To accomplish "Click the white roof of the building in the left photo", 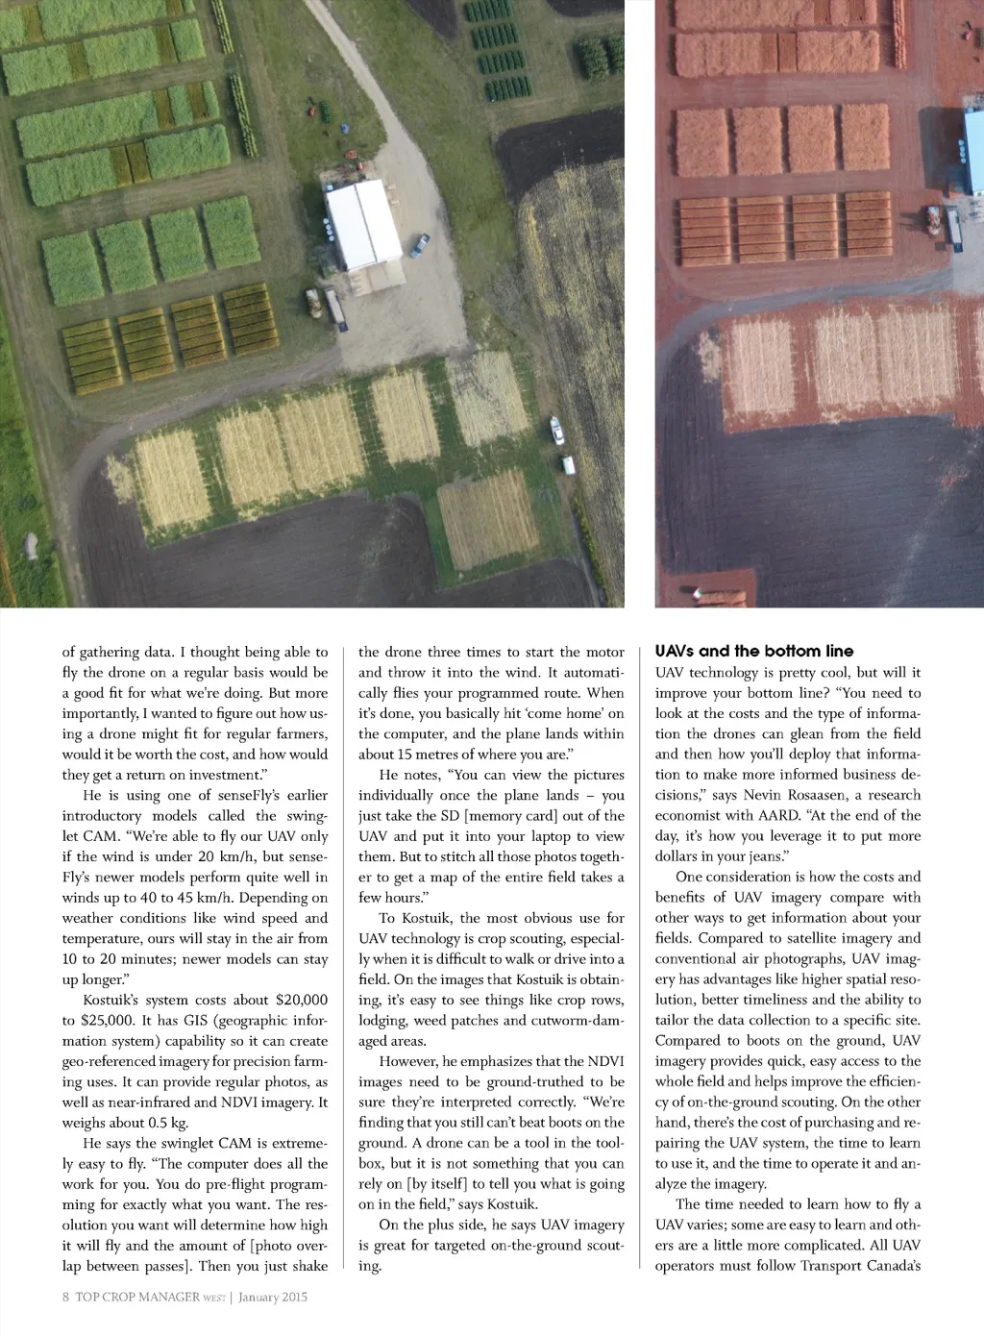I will click(363, 226).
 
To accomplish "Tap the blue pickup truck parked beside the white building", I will click(420, 245).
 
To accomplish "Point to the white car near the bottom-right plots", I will click(557, 430).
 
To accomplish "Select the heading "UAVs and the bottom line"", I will click(754, 651).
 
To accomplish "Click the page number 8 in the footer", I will click(66, 1297).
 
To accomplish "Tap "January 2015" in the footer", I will click(273, 1297).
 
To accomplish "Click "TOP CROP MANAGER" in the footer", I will click(137, 1297).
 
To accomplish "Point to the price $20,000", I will click(301, 1000).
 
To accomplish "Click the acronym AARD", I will click(779, 815).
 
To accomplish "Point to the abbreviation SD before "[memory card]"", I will click(450, 815).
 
